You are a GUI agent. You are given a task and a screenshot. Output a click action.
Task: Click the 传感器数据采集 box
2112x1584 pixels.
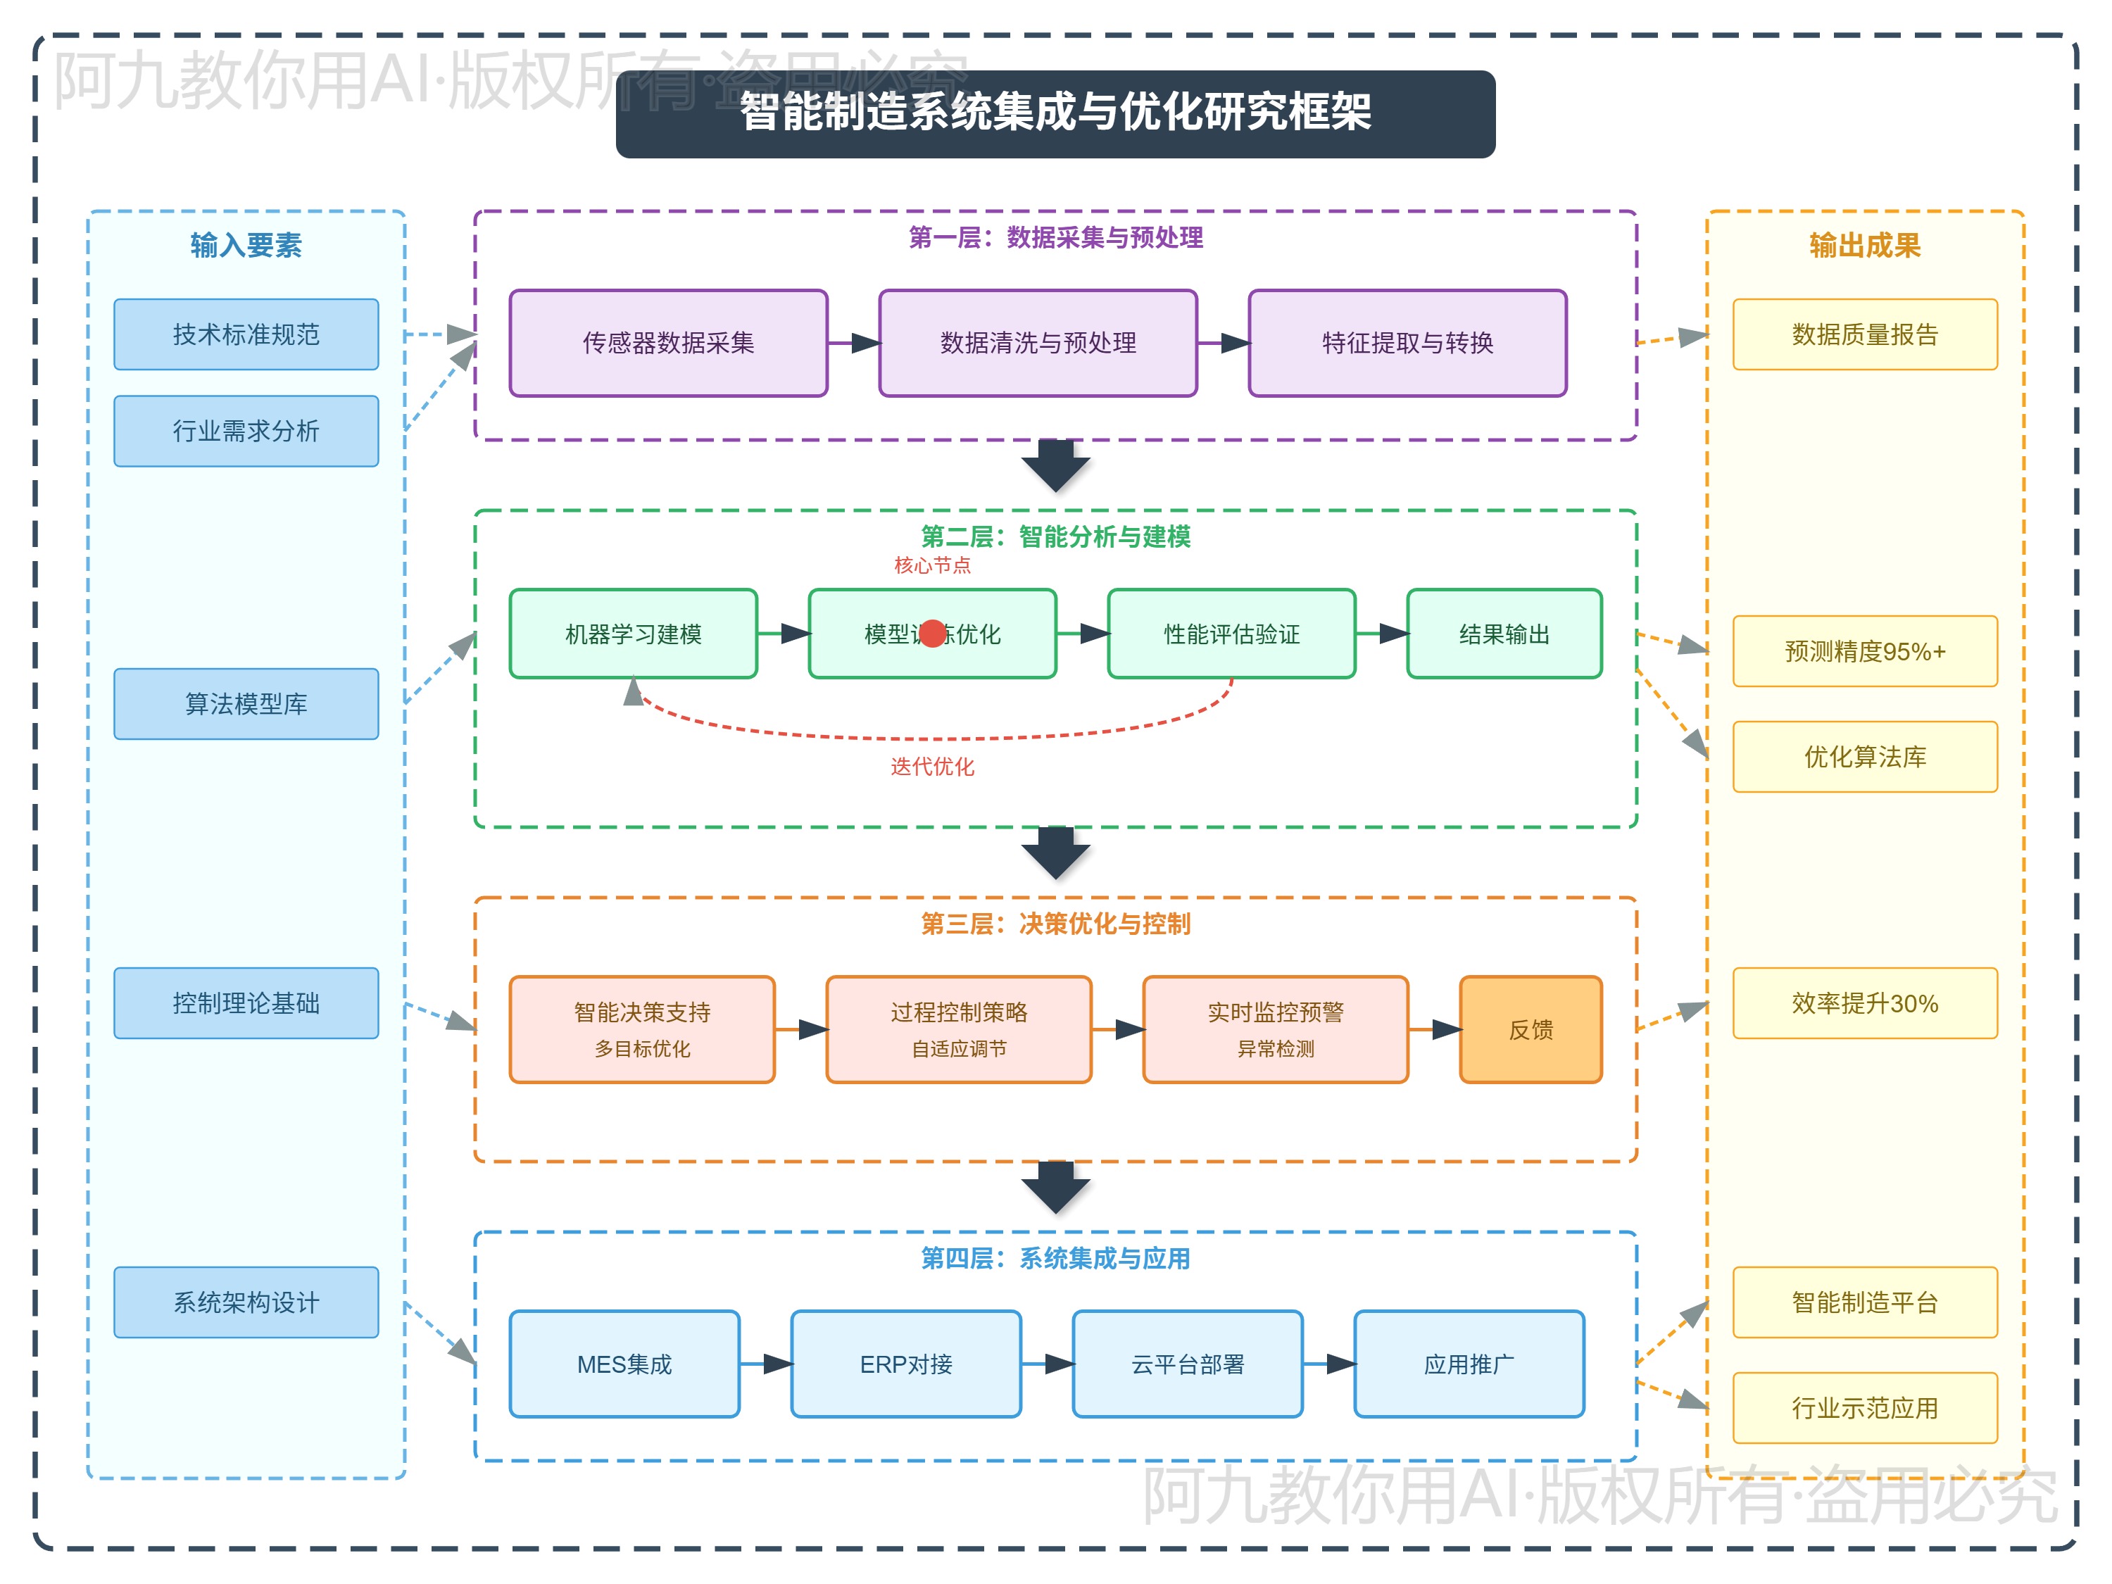(668, 343)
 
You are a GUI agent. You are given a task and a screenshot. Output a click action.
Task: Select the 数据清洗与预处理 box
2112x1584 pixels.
(1038, 343)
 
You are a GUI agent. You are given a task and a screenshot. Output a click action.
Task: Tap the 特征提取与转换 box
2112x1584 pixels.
(1407, 343)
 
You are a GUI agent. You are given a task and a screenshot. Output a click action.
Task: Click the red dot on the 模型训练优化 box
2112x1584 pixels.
(933, 633)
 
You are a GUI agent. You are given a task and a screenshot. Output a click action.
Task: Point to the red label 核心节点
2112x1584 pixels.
(932, 565)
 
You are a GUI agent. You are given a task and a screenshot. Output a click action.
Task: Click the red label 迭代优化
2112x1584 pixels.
(932, 767)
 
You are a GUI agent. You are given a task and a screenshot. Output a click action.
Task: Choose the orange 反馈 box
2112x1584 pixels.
(1530, 1029)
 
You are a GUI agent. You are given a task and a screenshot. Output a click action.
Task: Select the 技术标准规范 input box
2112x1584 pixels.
(246, 334)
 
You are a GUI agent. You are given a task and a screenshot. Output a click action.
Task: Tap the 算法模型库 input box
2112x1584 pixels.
(246, 704)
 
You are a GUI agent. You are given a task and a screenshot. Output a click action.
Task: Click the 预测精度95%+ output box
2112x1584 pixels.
(1865, 651)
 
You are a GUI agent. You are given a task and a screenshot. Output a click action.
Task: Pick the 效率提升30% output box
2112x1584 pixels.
(1865, 1003)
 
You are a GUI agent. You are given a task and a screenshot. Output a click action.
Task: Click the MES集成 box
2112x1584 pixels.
(624, 1364)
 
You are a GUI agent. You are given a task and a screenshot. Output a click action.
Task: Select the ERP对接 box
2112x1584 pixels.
(906, 1364)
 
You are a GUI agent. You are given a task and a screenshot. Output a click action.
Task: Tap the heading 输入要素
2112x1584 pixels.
(246, 246)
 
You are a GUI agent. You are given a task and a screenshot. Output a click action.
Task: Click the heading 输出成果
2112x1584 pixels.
(1865, 246)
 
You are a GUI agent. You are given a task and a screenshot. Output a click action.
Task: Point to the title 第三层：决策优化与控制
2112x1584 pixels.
(1055, 923)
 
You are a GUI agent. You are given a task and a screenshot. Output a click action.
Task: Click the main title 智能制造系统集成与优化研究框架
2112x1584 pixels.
(1055, 113)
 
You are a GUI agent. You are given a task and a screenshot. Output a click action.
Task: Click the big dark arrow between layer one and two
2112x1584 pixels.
(1055, 467)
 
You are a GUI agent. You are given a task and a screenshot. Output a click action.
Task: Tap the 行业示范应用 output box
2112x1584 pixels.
(1865, 1408)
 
